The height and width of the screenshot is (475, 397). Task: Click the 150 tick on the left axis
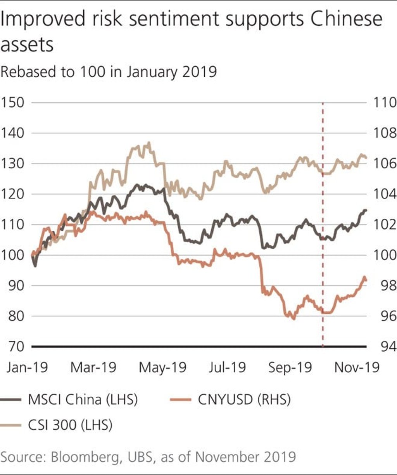tap(12, 103)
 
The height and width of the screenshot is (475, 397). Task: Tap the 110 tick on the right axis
tap(384, 103)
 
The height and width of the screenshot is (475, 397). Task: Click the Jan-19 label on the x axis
tap(27, 367)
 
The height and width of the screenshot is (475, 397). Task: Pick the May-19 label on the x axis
tap(162, 367)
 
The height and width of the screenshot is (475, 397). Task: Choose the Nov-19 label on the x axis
tap(357, 367)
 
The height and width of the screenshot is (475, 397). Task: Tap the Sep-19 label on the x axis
tap(290, 367)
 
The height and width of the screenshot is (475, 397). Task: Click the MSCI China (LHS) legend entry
tap(83, 399)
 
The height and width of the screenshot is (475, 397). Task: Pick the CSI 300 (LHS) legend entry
tap(70, 425)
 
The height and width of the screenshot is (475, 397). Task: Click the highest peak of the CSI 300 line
tap(149, 143)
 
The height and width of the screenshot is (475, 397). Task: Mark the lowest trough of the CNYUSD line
tap(293, 319)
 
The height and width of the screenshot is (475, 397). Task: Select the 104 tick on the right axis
tap(384, 194)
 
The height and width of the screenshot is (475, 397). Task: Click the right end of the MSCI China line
tap(366, 211)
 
